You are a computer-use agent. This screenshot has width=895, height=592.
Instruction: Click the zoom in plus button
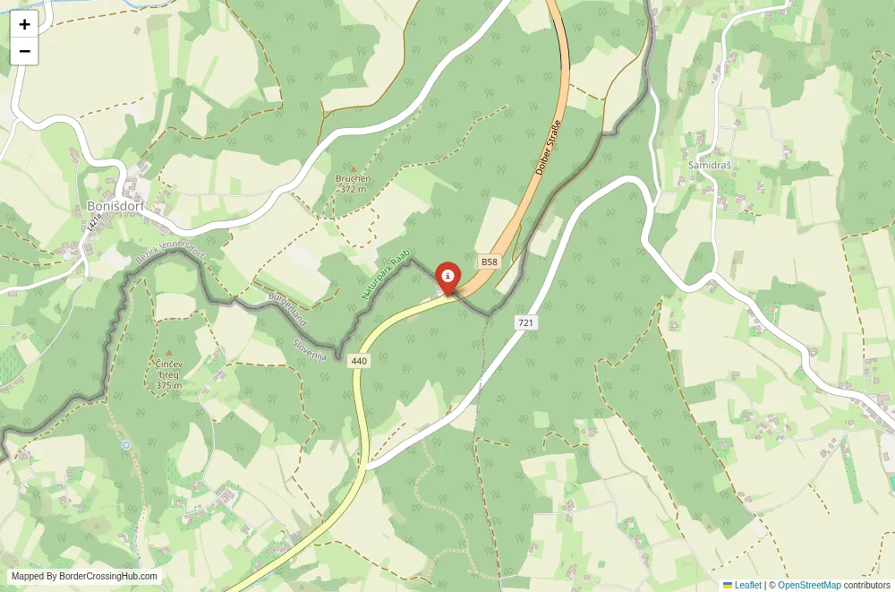[x=24, y=25]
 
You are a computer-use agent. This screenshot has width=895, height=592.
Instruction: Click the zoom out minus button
[x=24, y=51]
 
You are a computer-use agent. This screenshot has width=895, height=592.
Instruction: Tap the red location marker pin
[x=447, y=276]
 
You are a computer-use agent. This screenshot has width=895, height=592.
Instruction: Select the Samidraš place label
[x=711, y=166]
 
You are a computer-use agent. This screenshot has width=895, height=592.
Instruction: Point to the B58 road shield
[x=488, y=262]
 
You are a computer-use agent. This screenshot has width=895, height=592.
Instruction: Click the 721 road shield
[x=525, y=322]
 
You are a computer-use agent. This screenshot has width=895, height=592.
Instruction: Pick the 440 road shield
[x=359, y=361]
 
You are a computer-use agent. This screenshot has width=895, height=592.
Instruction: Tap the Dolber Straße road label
[x=549, y=145]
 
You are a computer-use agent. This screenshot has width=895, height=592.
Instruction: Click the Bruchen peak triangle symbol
[x=353, y=168]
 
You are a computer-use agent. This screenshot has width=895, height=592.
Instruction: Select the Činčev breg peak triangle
[x=168, y=354]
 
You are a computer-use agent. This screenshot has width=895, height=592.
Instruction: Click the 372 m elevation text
[x=354, y=189]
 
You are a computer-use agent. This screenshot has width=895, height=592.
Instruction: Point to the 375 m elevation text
[x=168, y=385]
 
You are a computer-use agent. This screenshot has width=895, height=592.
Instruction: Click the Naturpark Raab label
[x=385, y=273]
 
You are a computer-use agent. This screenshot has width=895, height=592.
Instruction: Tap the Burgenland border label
[x=287, y=307]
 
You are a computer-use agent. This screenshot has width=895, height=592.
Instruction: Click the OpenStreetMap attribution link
[x=809, y=585]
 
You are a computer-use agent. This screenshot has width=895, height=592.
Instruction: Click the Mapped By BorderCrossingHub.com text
[x=85, y=577]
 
